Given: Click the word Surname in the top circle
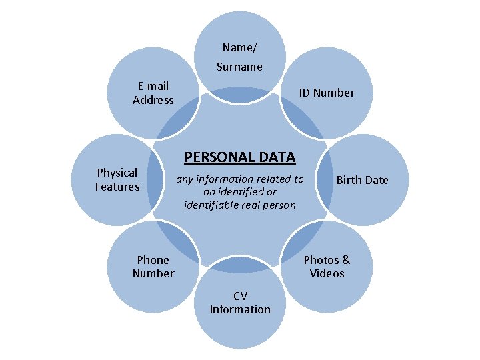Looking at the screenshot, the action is tap(239, 67).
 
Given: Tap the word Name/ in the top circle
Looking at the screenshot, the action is tap(239, 47).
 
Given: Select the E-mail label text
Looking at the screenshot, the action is tap(153, 86).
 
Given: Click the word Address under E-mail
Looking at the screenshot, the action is tap(153, 100).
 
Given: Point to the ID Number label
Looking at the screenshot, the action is tap(327, 93).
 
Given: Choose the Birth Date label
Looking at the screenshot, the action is tap(362, 180).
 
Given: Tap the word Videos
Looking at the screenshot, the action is tap(327, 273).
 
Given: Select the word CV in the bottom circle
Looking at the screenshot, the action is tap(240, 295).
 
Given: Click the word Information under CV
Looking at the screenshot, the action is tap(240, 309).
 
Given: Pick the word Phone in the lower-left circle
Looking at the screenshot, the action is tap(153, 260).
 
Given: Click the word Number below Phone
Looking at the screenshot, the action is tap(153, 273).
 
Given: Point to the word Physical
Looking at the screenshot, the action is tap(117, 173).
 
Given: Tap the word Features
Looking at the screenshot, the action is tap(117, 187).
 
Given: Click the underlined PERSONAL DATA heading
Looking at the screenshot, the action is tap(239, 157).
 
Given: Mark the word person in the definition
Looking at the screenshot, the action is tap(281, 205).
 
